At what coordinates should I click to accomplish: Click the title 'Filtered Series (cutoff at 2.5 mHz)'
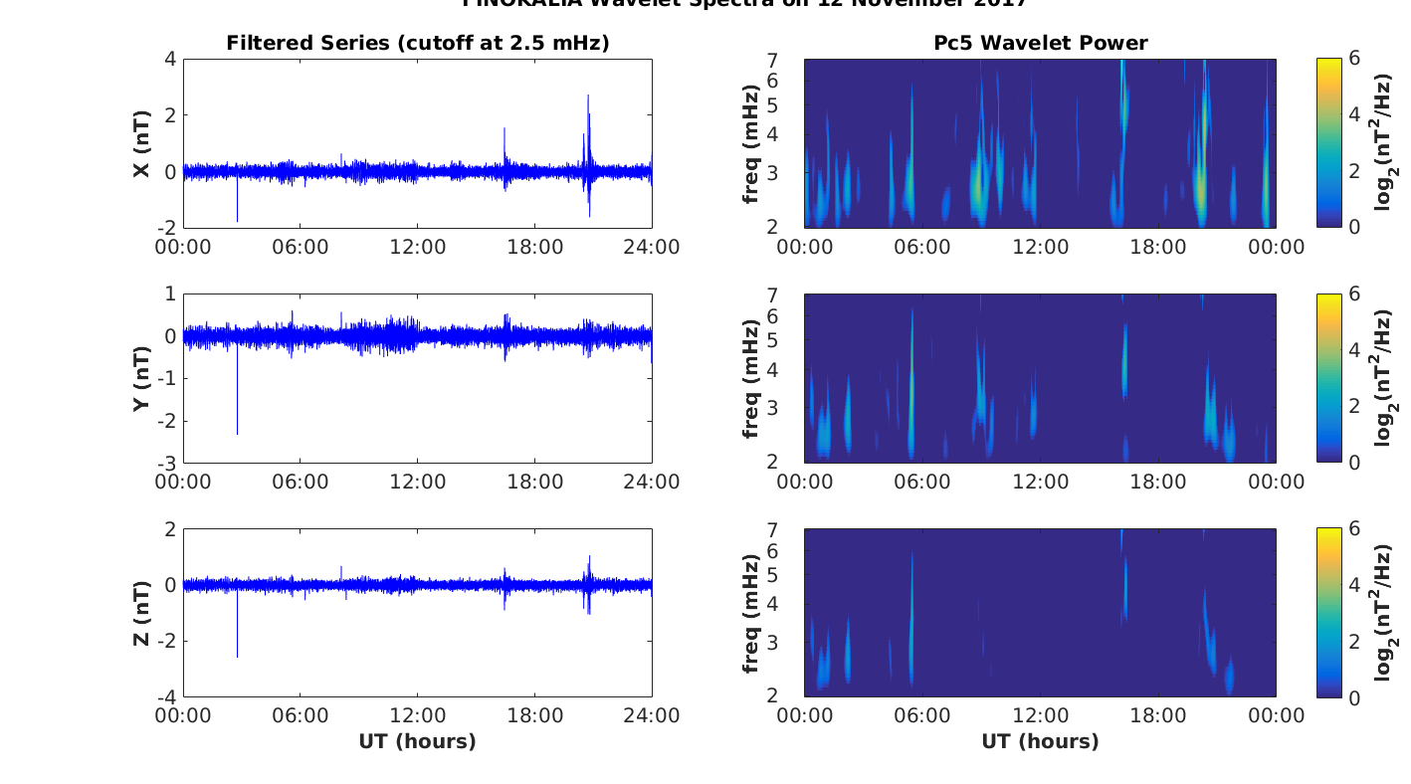pos(417,43)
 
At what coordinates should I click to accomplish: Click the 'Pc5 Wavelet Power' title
pos(1040,43)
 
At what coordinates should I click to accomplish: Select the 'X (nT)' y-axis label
pos(142,143)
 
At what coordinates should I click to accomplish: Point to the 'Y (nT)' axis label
pos(142,378)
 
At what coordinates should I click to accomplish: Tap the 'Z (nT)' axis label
pos(142,613)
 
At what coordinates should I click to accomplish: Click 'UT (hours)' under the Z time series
pos(417,741)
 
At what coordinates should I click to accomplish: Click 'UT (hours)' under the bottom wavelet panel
pos(1040,741)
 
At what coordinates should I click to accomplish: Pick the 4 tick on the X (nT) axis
pos(170,59)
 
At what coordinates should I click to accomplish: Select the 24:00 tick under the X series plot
pos(652,247)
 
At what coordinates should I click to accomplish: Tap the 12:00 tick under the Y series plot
pos(417,482)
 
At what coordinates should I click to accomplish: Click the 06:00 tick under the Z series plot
pos(301,716)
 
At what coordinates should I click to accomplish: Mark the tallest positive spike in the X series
pos(588,96)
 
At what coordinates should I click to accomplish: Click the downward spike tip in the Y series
pos(237,434)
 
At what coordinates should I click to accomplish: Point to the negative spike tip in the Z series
pos(237,657)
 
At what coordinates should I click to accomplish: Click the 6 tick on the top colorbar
pos(1349,59)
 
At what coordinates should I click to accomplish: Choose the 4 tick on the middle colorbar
pos(1349,350)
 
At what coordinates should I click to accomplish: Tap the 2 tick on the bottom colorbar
pos(1349,642)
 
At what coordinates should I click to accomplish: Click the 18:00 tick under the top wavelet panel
pos(1158,247)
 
